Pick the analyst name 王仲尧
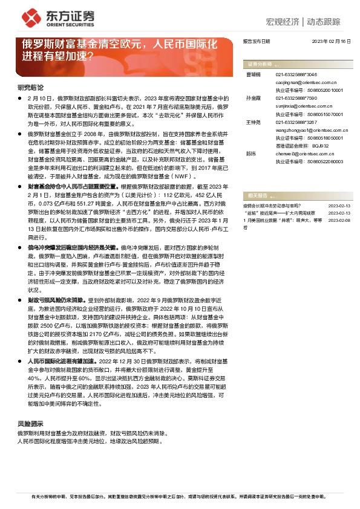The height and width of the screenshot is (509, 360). point(254,122)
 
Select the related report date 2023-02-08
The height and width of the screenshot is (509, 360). point(339,221)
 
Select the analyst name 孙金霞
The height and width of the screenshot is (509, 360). point(254,97)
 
